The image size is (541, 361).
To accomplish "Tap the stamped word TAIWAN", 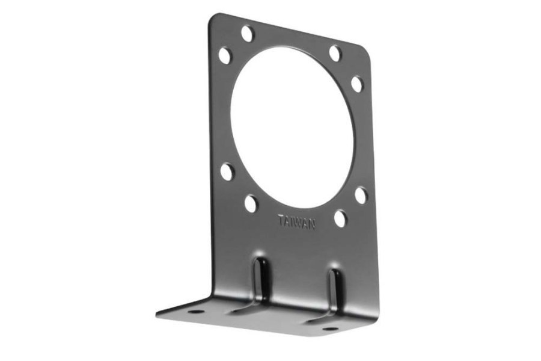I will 296,221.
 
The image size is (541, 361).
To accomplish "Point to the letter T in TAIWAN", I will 281,220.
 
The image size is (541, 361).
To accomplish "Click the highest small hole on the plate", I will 247,34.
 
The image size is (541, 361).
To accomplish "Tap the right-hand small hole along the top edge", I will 335,54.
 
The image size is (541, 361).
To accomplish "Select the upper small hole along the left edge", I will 225,56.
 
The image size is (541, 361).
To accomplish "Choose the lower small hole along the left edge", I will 227,171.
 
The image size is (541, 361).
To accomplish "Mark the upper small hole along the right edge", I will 357,84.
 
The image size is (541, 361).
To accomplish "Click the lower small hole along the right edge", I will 361,195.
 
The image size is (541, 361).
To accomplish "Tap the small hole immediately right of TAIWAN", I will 340,218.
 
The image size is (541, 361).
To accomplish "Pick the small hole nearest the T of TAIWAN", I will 251,203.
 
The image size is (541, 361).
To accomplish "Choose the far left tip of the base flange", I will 158,313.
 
